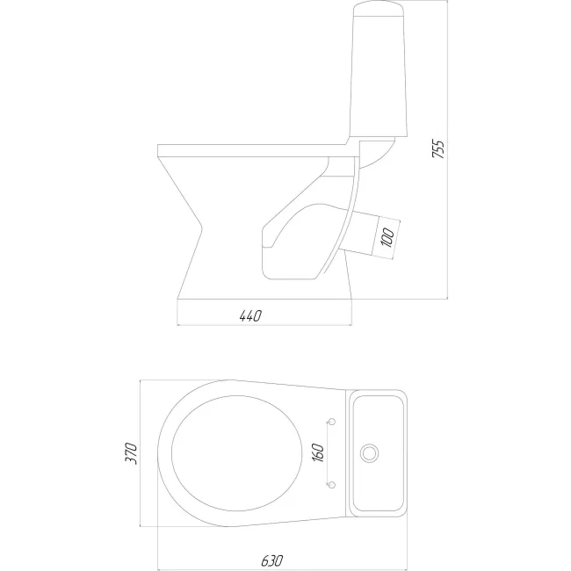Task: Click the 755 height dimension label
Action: click(x=438, y=149)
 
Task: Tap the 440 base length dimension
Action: click(x=250, y=315)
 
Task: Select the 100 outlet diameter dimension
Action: click(x=388, y=237)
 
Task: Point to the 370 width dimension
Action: click(x=131, y=453)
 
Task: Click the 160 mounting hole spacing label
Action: click(x=318, y=452)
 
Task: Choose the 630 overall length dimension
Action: click(x=272, y=560)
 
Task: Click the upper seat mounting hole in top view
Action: click(x=331, y=422)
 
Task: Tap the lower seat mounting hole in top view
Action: click(x=331, y=485)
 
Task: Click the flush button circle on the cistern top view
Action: click(x=369, y=453)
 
